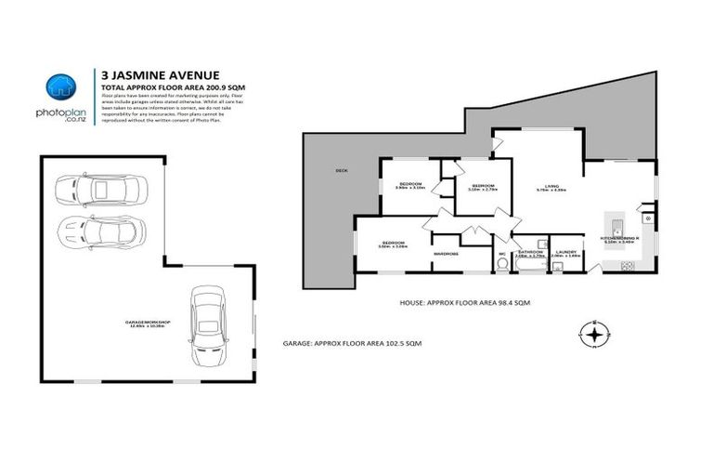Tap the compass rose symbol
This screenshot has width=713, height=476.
point(594,332)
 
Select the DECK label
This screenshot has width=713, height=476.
point(343,170)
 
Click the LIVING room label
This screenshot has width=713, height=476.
point(551,187)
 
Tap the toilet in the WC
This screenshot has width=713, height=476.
point(503,263)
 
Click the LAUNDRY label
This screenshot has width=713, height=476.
point(565,251)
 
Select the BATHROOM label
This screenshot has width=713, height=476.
point(531,251)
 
